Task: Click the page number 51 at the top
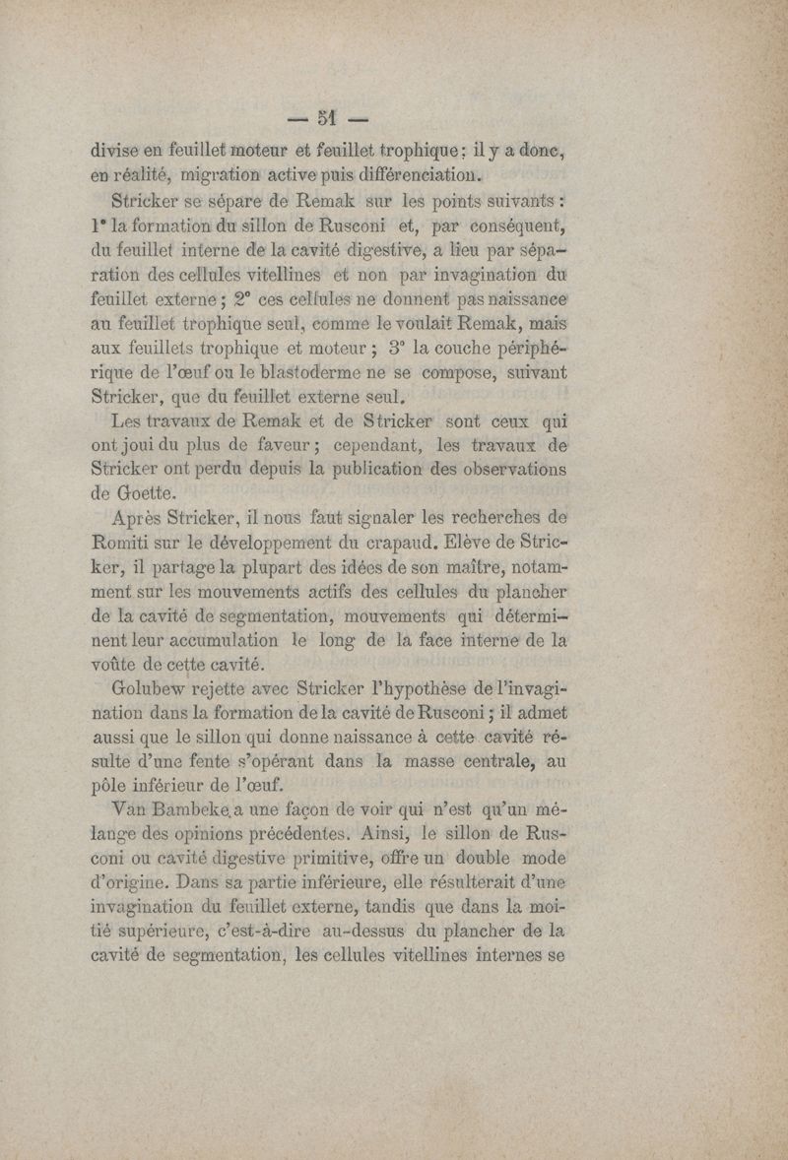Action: pyautogui.click(x=328, y=119)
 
